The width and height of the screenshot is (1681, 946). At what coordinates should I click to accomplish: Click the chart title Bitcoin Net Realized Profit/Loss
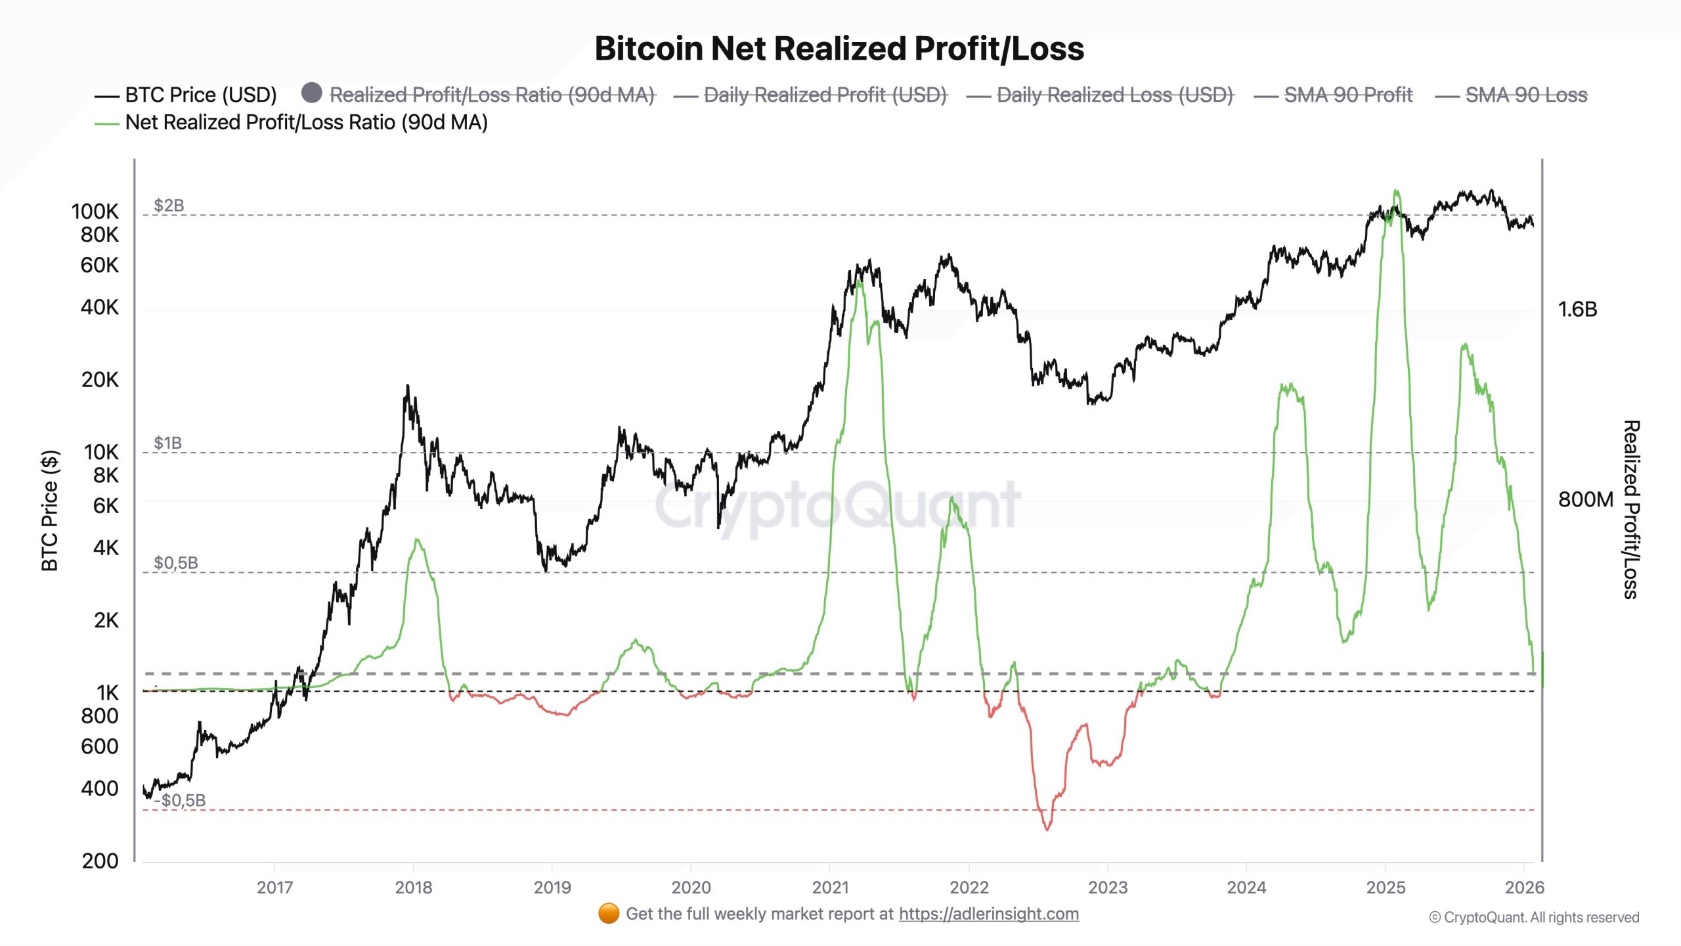pyautogui.click(x=839, y=49)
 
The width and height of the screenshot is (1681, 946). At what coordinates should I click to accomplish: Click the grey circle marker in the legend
pyautogui.click(x=312, y=93)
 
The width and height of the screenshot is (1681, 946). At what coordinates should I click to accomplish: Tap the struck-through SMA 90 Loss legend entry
pyautogui.click(x=1525, y=95)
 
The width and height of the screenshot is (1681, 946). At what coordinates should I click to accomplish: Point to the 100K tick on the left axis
pyautogui.click(x=95, y=212)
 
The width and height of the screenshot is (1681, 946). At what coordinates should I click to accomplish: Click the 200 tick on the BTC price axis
pyautogui.click(x=100, y=861)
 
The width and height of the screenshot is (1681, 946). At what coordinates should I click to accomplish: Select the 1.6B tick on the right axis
pyautogui.click(x=1577, y=309)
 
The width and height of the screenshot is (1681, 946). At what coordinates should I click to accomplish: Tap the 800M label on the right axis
pyautogui.click(x=1585, y=500)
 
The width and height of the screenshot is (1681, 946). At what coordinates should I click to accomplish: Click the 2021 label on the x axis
pyautogui.click(x=830, y=888)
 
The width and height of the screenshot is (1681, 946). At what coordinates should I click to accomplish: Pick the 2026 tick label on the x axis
pyautogui.click(x=1524, y=888)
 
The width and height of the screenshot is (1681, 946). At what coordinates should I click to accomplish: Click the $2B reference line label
pyautogui.click(x=169, y=206)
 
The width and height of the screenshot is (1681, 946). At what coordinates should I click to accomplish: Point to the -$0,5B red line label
pyautogui.click(x=181, y=800)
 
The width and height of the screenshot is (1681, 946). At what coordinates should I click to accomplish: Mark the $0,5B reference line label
pyautogui.click(x=175, y=563)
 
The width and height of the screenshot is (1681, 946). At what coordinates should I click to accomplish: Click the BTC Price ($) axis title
pyautogui.click(x=51, y=510)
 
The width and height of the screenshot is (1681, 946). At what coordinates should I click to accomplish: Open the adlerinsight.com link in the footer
pyautogui.click(x=988, y=914)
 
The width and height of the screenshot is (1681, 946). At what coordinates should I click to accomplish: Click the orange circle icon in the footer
pyautogui.click(x=609, y=913)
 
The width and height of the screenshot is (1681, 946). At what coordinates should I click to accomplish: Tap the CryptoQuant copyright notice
pyautogui.click(x=1534, y=918)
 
